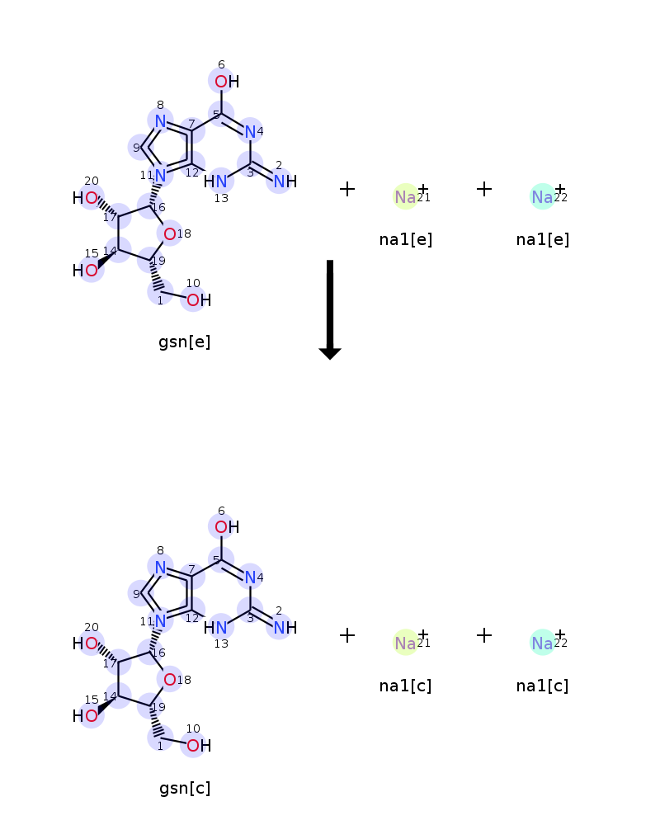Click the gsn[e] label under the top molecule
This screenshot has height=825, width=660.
[184, 342]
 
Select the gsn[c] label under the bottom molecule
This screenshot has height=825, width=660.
[185, 788]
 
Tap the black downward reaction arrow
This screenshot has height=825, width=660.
[330, 309]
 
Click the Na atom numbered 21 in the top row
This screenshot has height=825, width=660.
[405, 197]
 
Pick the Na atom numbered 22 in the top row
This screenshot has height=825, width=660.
[542, 197]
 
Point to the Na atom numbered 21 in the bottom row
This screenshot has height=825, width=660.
[405, 643]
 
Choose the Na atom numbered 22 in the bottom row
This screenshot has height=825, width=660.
[542, 643]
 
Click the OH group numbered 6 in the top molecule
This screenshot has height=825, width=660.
[227, 82]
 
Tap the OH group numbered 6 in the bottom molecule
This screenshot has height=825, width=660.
[227, 527]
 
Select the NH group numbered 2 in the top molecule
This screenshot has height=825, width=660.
[285, 181]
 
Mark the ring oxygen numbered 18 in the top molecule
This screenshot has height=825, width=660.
[169, 234]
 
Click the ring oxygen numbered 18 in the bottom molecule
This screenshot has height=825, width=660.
[169, 680]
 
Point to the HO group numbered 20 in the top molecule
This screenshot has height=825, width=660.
[85, 198]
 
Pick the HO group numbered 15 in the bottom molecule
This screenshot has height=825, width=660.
[85, 716]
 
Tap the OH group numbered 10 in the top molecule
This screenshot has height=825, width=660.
[199, 300]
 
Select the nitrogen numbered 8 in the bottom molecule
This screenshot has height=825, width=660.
[161, 568]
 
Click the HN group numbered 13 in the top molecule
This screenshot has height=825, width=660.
[215, 181]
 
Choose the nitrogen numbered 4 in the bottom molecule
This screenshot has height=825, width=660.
[251, 577]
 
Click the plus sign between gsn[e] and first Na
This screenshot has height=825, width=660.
[347, 189]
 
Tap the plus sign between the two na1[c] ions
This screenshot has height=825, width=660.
[484, 635]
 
